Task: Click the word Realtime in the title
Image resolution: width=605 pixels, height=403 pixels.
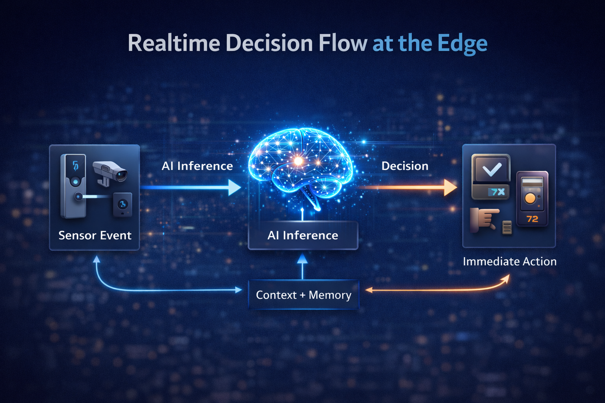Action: (174, 43)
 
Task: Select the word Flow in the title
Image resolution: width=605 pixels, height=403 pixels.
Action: (343, 43)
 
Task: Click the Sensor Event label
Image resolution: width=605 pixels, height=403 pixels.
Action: (95, 235)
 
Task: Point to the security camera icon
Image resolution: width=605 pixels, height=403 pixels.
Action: (110, 172)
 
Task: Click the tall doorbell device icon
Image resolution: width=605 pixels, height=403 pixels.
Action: (73, 186)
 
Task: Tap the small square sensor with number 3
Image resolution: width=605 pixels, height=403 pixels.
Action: (122, 204)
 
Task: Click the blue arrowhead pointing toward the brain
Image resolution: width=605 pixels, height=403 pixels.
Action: (234, 187)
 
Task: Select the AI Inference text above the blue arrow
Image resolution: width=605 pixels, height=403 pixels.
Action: (197, 166)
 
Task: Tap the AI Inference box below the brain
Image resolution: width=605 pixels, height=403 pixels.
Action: (303, 235)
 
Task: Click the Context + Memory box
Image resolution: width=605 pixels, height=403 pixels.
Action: (303, 295)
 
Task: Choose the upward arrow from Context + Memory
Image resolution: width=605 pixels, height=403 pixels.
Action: (302, 266)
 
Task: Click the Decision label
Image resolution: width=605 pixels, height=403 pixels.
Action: (405, 166)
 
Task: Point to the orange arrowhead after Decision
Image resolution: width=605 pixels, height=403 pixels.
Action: (450, 187)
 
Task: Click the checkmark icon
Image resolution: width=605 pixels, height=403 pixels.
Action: (491, 169)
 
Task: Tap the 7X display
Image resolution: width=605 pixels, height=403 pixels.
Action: (497, 192)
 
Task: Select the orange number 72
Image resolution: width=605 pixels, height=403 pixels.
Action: (532, 219)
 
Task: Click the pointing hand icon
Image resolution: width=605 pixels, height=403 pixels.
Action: (484, 220)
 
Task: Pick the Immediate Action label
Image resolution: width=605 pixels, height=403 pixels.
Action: (510, 262)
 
